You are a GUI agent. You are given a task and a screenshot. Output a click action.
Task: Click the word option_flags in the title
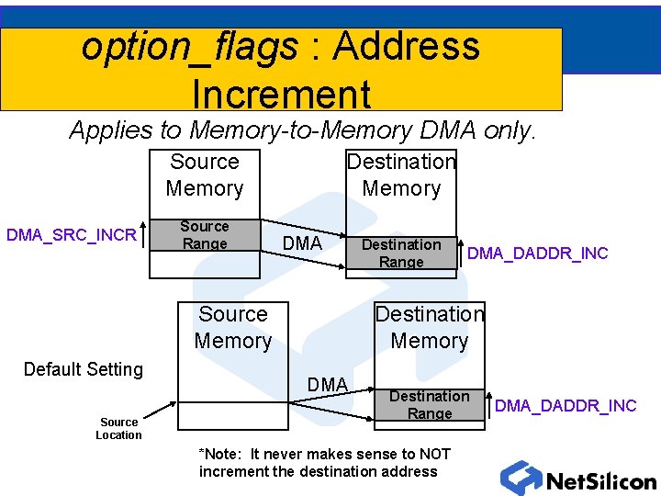coord(189,47)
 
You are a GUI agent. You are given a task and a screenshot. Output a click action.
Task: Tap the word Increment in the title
coord(281,94)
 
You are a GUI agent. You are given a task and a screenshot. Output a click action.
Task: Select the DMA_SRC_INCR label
coord(72,235)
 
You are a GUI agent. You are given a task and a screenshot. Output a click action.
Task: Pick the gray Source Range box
coord(205,234)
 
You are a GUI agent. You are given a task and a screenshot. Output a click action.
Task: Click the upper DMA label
coord(302,243)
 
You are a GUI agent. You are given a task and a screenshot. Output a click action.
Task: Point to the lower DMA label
coord(328,385)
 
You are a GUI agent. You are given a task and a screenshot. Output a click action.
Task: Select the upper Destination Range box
coord(401,253)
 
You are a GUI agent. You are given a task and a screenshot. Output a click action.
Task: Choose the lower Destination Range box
coord(430,405)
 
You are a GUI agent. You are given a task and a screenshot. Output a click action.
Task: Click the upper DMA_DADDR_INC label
coord(538,254)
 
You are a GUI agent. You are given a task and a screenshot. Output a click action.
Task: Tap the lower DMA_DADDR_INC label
coord(566,406)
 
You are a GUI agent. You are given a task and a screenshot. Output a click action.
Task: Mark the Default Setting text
coord(84,369)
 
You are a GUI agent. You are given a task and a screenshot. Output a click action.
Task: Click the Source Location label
coord(118,428)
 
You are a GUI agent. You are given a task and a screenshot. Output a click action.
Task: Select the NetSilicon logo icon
coord(521,479)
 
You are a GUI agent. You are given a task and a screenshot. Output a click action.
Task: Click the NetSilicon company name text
coord(601,481)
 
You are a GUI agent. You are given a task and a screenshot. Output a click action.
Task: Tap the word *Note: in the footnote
coord(222,454)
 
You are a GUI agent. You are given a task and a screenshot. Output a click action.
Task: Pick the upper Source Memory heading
coord(205,175)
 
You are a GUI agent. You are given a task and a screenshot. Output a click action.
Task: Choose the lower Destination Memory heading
coord(430,327)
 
